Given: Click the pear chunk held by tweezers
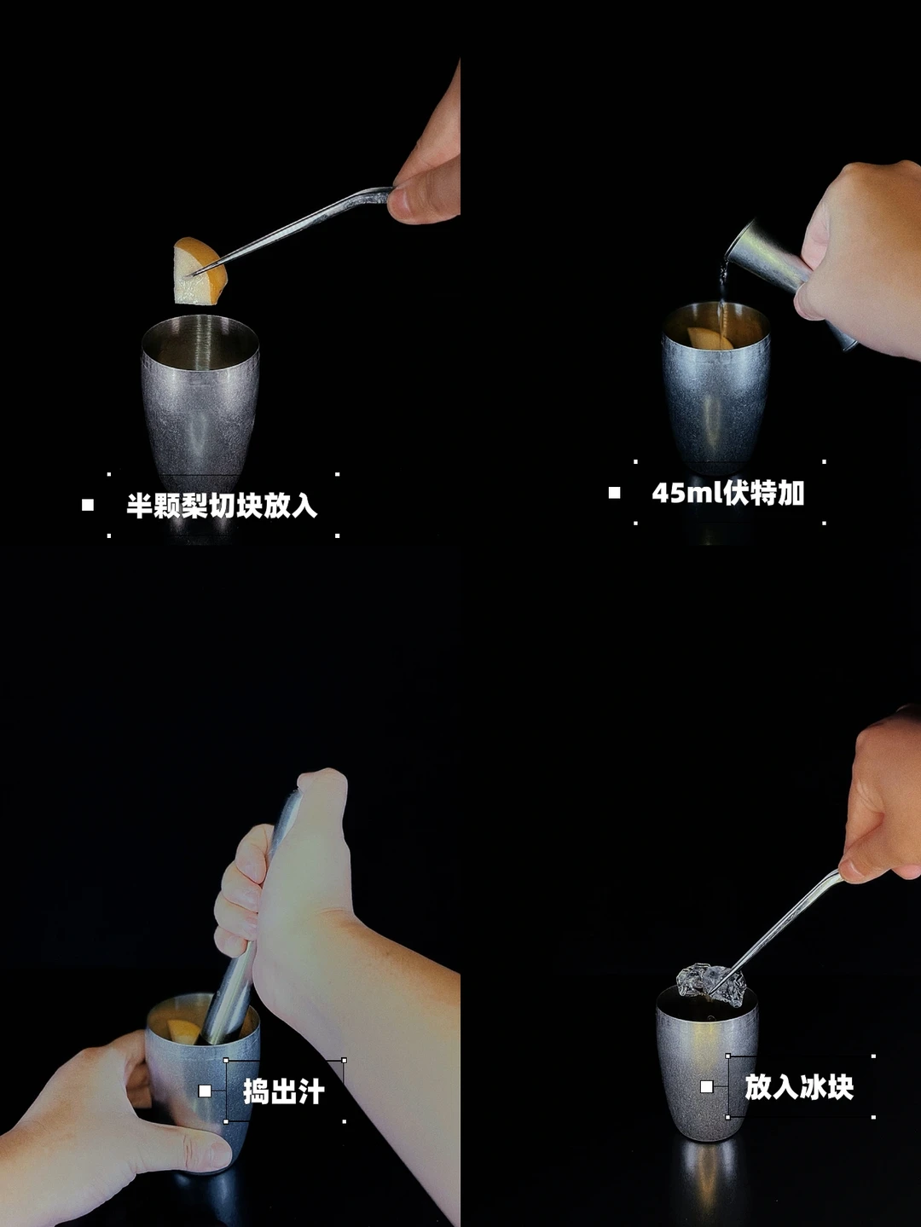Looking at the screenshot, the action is pyautogui.click(x=200, y=272).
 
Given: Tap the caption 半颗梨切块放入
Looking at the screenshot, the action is pyautogui.click(x=222, y=506).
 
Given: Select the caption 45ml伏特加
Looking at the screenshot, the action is pyautogui.click(x=727, y=493).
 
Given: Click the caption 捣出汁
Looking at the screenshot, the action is pyautogui.click(x=283, y=1091).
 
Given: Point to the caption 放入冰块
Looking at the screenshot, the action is pyautogui.click(x=799, y=1087).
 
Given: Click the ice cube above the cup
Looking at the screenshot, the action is pyautogui.click(x=711, y=984).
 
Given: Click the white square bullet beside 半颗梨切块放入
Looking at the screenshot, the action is pyautogui.click(x=88, y=506).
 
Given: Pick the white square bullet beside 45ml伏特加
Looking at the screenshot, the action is pyautogui.click(x=614, y=493).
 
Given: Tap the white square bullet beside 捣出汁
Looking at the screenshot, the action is pyautogui.click(x=205, y=1091).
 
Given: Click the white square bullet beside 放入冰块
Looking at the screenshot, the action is pyautogui.click(x=707, y=1086).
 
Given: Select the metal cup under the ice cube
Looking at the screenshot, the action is pyautogui.click(x=707, y=1065).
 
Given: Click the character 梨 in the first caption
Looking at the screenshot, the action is pyautogui.click(x=194, y=506).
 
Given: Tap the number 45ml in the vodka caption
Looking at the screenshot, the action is pyautogui.click(x=686, y=493).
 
